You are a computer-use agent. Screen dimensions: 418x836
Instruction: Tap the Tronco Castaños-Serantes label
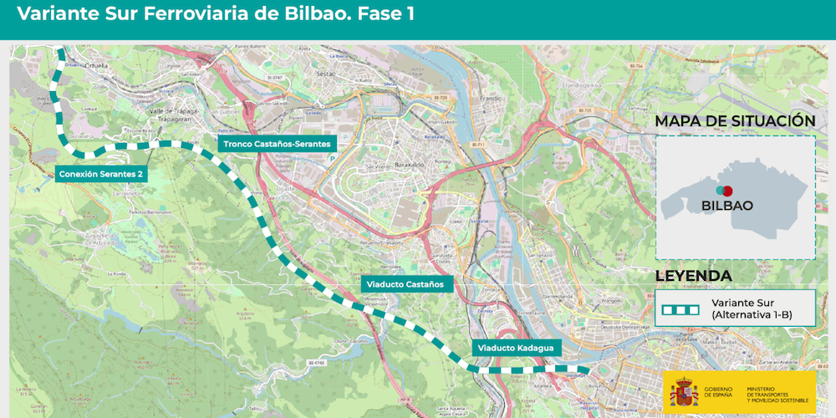(277, 144)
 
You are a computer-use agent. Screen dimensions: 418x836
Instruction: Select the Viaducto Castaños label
(407, 284)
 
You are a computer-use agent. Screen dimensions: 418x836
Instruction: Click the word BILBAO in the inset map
(727, 205)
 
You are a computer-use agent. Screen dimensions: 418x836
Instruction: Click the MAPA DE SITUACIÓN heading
(735, 121)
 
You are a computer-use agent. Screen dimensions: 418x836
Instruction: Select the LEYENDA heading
(693, 276)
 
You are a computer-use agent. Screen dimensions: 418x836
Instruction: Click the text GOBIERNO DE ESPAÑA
(718, 392)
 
